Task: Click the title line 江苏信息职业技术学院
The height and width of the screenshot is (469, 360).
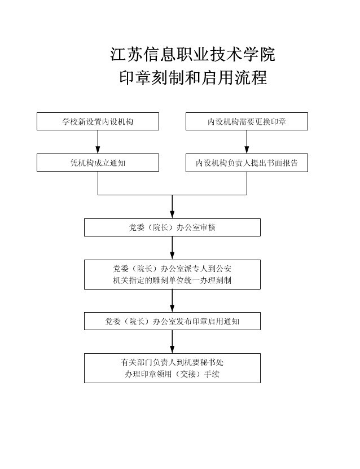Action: point(192,54)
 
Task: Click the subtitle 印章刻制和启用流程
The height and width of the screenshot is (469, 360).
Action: point(193,77)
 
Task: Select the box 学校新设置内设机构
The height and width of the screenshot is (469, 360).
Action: point(98,121)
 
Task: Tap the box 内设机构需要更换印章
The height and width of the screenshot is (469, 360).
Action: point(247,121)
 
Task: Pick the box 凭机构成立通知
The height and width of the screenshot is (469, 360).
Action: point(98,163)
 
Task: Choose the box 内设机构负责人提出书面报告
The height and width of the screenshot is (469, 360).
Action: point(247,163)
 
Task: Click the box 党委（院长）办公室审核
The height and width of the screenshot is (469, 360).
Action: point(172,227)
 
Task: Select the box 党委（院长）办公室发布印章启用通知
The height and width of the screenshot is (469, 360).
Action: point(172,321)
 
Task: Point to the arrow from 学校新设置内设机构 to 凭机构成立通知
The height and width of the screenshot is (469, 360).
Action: point(98,142)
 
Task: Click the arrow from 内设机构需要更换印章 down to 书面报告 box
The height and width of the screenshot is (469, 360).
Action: point(247,142)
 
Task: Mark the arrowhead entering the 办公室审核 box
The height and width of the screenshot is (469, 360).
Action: point(172,214)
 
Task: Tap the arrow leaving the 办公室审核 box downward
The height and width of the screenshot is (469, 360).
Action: point(172,248)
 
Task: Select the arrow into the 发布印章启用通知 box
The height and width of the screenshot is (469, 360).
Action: point(172,301)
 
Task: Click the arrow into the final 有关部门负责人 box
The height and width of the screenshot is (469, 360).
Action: point(172,342)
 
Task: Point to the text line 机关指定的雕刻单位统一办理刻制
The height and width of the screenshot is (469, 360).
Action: point(172,280)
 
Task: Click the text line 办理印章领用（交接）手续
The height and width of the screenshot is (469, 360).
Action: point(172,374)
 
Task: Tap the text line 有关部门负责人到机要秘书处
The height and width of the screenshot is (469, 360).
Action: point(172,362)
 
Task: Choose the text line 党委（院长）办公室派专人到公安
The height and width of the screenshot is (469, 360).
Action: point(172,269)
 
